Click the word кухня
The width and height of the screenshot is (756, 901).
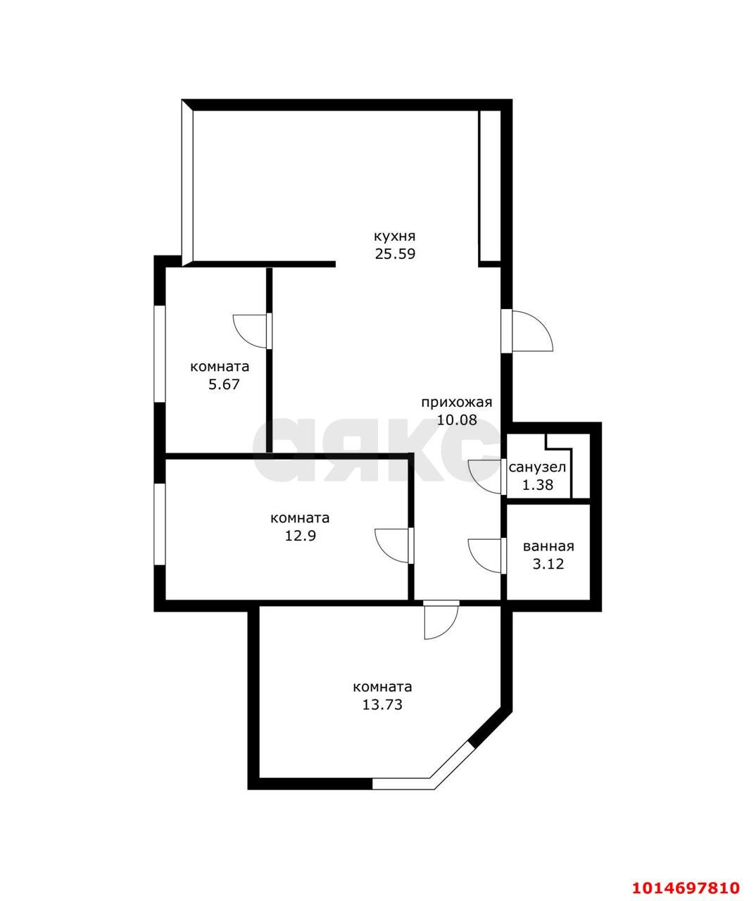tap(394, 237)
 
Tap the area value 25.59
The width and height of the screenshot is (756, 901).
tap(395, 253)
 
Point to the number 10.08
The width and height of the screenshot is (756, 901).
tap(457, 420)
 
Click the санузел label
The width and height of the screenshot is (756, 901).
tap(537, 467)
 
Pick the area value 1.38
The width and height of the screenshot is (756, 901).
tap(538, 484)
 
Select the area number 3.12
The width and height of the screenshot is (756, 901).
tap(548, 564)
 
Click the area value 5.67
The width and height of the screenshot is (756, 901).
tap(224, 384)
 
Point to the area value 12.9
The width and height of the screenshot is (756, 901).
tap(301, 536)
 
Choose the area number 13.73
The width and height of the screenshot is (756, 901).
tap(382, 705)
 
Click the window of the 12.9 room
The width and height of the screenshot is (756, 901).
tap(160, 524)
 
